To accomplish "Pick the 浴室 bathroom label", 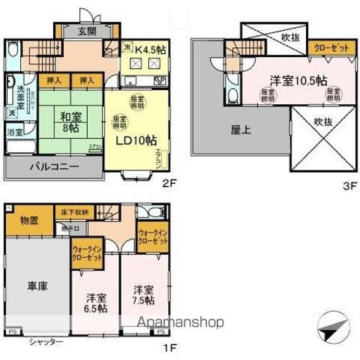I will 16,132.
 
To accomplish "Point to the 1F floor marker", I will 171,347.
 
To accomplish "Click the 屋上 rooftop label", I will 241,129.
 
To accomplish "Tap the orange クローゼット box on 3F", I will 331,47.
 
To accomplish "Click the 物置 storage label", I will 30,221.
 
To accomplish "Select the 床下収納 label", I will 76,213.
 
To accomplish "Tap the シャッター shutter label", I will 46,342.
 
